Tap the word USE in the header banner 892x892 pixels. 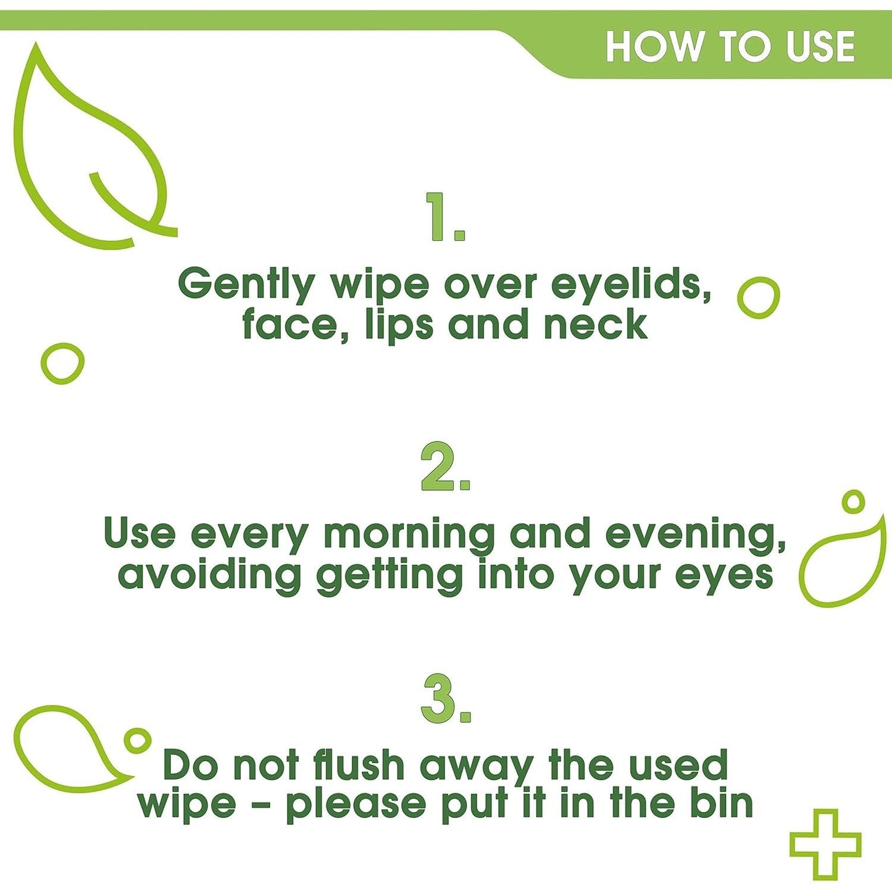coord(820,47)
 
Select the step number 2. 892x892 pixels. coord(445,467)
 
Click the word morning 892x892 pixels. coord(409,535)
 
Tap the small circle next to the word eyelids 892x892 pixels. coord(759,298)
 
